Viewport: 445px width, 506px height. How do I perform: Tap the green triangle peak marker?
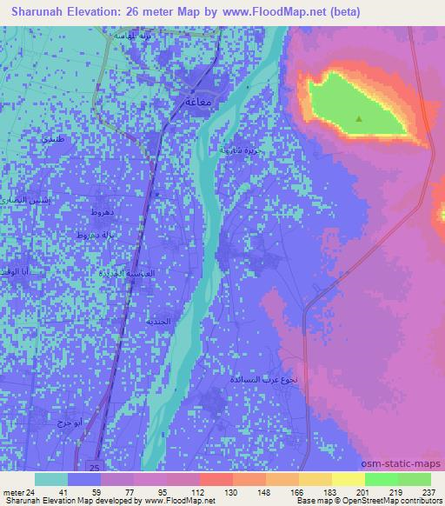point(359,117)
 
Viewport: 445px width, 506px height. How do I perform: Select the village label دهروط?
point(90,212)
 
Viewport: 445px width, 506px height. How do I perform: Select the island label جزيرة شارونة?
point(241,150)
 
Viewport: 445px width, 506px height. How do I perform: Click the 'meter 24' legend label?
point(18,491)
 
